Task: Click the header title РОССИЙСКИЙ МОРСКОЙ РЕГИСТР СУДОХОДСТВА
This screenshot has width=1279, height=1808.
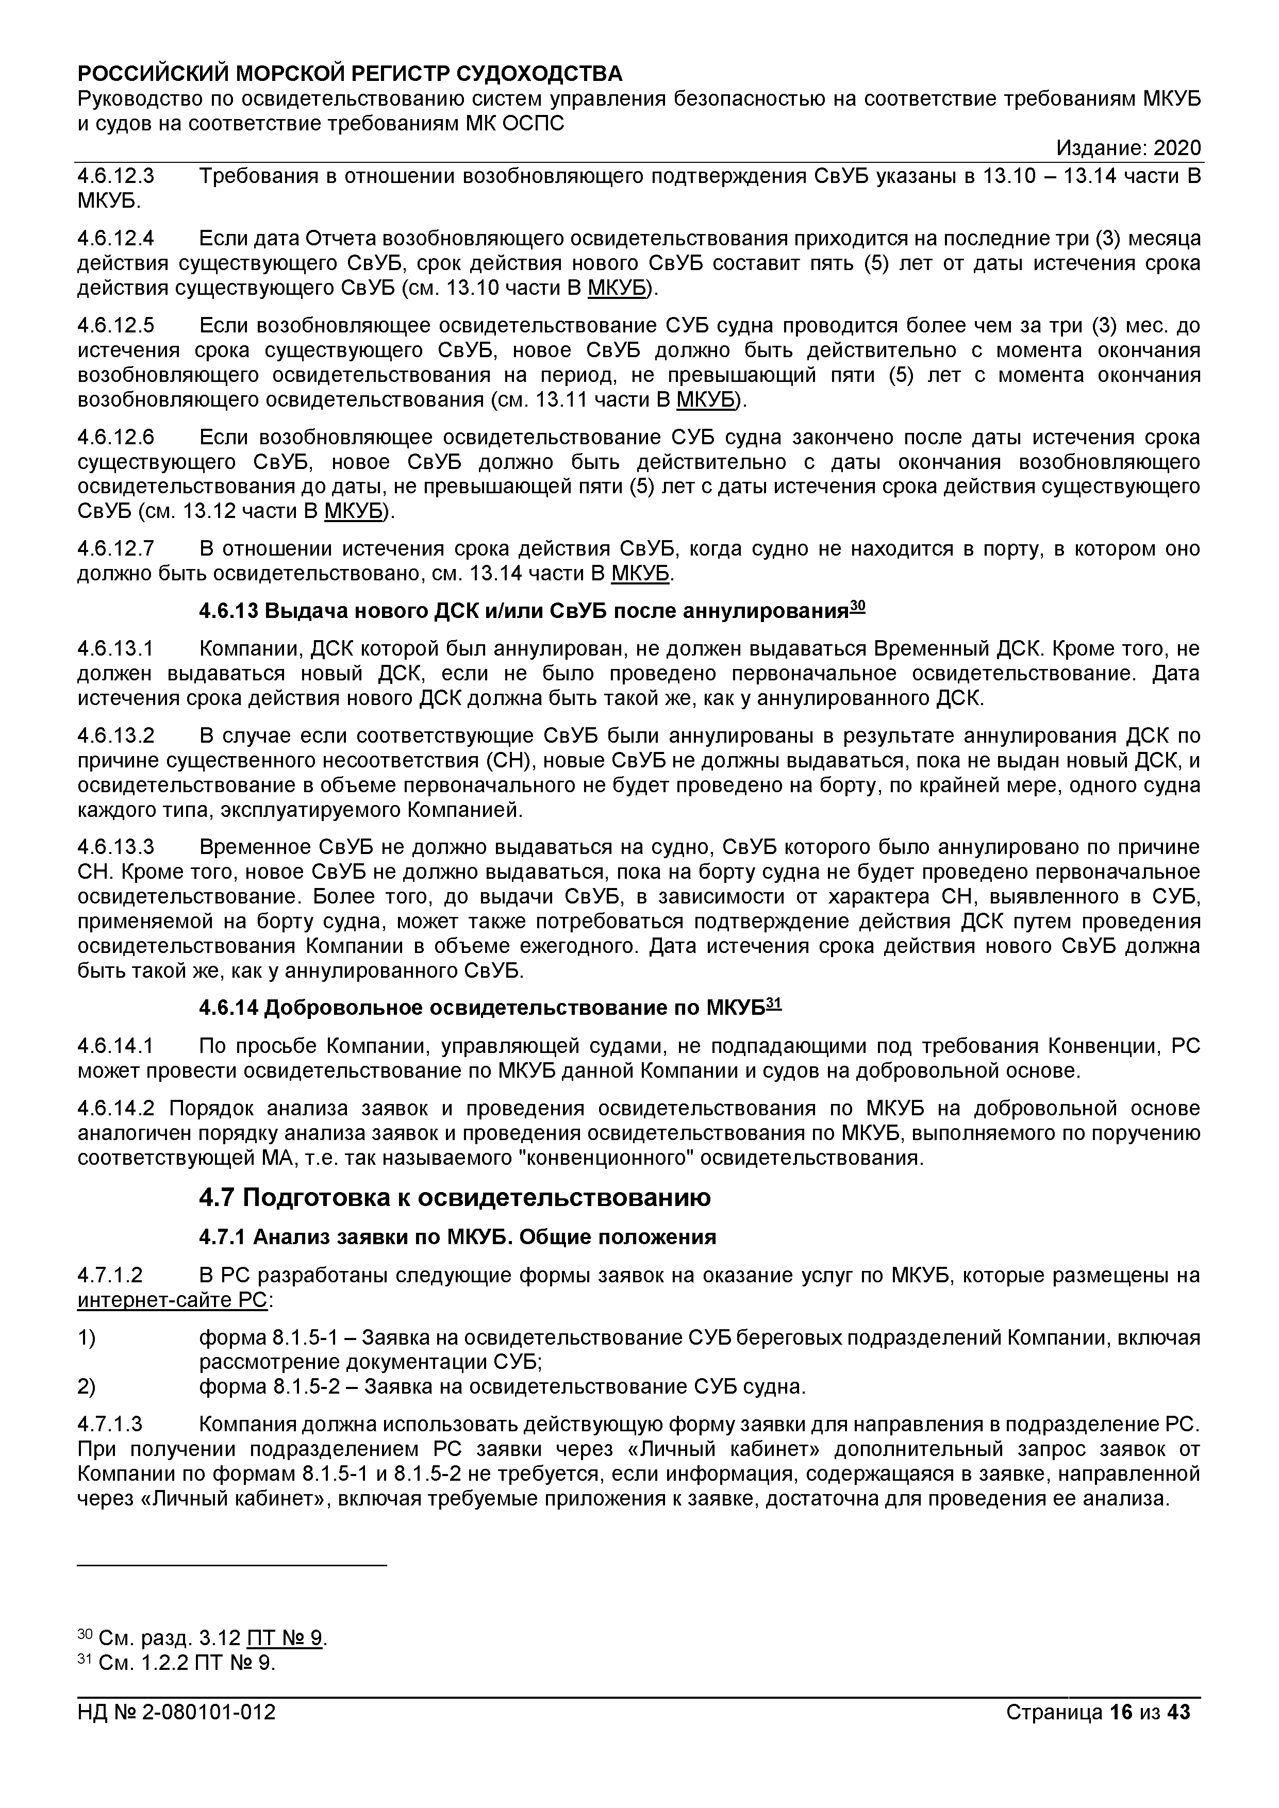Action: [350, 74]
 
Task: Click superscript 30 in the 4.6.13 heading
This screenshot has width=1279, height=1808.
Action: [858, 606]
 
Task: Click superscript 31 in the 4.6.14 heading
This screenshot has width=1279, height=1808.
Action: [773, 1002]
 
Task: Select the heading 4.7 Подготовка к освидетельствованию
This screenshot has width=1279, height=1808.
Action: [454, 1198]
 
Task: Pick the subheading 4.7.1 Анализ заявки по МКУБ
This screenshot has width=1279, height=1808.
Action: [457, 1237]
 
